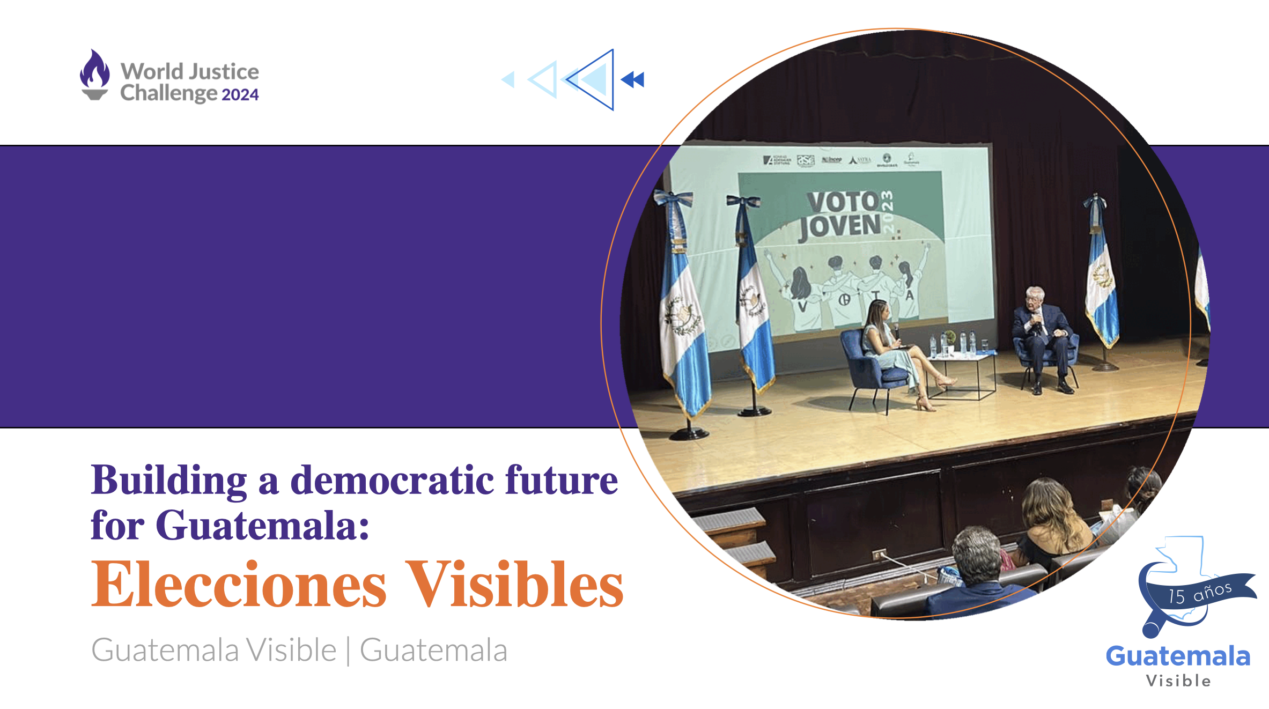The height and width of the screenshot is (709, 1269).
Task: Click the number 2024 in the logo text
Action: point(240,95)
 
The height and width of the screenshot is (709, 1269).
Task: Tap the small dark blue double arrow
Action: point(633,80)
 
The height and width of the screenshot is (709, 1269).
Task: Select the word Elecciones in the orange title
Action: point(239,584)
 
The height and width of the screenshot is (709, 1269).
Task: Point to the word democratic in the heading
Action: point(392,479)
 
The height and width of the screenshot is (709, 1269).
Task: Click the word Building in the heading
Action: point(169,479)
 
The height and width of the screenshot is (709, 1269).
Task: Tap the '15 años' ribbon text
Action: point(1200,593)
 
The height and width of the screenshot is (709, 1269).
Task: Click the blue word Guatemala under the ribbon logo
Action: point(1178,656)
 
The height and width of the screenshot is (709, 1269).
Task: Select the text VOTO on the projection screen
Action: point(843,202)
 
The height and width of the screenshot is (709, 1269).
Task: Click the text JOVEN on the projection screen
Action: point(840,226)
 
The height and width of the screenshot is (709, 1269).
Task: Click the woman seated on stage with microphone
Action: point(890,349)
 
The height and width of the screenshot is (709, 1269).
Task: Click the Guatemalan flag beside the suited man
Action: point(1101,279)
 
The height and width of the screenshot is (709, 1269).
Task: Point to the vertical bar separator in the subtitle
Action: point(348,651)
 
